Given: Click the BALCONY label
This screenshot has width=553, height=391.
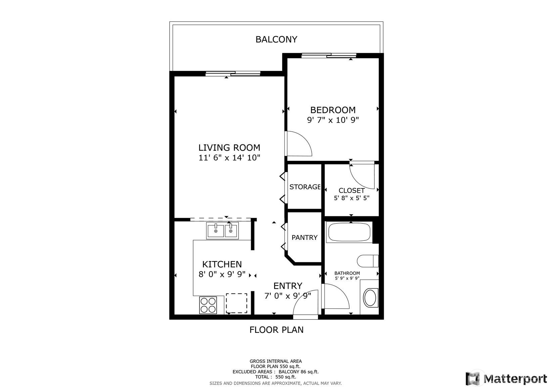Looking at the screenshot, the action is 276,40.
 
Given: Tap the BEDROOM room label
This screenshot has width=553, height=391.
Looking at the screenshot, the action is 333,110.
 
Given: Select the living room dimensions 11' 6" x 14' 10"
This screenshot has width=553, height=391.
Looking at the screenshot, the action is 229,158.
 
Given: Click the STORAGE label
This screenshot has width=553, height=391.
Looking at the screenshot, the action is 305,187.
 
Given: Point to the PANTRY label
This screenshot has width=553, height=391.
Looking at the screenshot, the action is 305,237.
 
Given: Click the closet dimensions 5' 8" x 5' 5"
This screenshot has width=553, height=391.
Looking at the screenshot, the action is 352,198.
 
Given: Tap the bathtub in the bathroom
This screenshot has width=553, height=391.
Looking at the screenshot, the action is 349,232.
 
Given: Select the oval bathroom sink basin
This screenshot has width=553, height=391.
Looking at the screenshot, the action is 370,298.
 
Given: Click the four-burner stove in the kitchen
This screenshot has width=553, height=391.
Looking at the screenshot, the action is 208,305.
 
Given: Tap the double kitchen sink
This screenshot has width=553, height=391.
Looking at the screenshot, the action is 222,231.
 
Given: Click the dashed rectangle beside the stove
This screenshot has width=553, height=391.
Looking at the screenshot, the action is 236,303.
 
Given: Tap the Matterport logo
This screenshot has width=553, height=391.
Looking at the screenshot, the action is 506,379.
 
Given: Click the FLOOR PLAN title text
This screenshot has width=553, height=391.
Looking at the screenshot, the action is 276,330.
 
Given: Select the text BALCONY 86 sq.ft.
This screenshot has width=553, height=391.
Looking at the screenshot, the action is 299,372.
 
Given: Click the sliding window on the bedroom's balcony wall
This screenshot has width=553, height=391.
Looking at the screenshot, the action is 329,55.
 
